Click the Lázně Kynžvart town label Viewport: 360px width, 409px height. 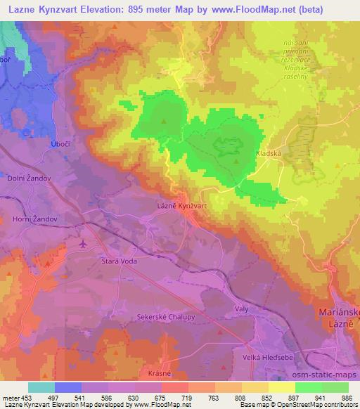pos(181,207)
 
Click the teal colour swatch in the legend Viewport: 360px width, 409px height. pos(41,387)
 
